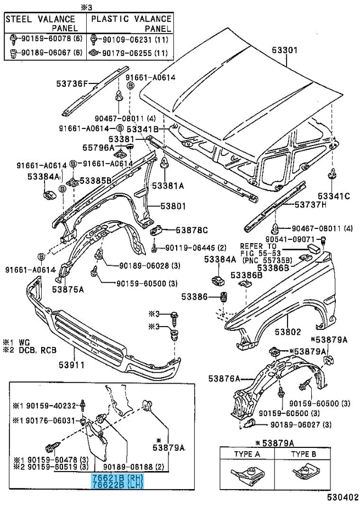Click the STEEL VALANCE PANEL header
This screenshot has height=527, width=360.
coord(45,23)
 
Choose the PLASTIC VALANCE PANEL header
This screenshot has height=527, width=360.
coord(131,23)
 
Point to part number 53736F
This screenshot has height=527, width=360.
coord(72,84)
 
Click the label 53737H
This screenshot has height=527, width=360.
coord(311,204)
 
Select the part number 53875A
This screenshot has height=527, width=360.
coord(68,289)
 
